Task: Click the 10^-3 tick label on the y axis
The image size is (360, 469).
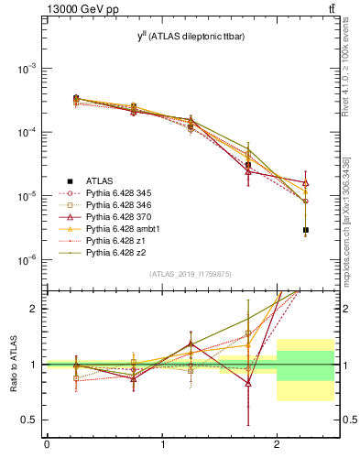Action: (x=28, y=69)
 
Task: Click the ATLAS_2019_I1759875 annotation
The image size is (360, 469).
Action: (x=190, y=274)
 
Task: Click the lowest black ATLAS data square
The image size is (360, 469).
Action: (x=306, y=230)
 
